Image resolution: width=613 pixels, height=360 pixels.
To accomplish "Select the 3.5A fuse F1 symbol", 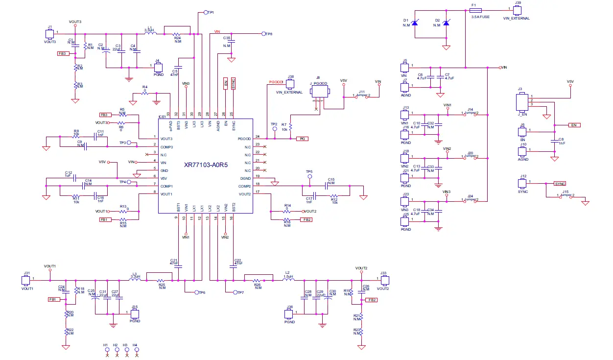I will (x=475, y=10).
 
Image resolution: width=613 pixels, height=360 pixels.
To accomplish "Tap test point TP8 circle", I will (x=263, y=34).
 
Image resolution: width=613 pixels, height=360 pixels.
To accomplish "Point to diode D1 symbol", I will (x=415, y=23).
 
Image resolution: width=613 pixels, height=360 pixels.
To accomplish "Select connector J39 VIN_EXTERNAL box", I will (x=516, y=10).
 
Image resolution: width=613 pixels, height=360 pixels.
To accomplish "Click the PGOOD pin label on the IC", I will (x=244, y=139).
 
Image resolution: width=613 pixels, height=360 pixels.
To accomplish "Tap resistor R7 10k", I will (x=291, y=126).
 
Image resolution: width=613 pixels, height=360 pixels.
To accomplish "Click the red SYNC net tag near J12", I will (x=560, y=184).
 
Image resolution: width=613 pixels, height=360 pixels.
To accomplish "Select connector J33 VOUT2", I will (x=384, y=281).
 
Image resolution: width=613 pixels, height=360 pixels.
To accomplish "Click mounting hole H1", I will (x=106, y=349).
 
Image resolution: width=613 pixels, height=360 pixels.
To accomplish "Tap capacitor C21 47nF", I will (x=178, y=267).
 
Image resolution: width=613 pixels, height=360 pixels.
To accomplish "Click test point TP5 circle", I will (x=309, y=177).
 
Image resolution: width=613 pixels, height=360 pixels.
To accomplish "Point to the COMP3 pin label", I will (x=166, y=146).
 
